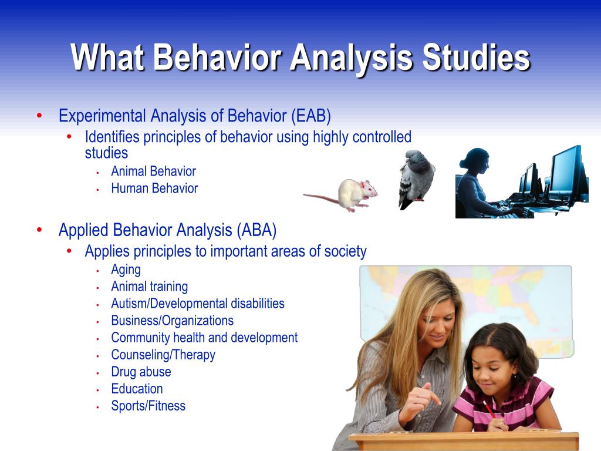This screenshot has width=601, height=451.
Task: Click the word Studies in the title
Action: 477,58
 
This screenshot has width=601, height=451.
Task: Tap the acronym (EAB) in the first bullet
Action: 311,116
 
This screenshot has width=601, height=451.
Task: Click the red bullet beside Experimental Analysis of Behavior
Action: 39,116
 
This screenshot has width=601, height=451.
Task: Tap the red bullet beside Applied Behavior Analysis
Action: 39,230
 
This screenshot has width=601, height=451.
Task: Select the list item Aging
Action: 126,270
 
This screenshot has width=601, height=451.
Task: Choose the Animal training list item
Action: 150,287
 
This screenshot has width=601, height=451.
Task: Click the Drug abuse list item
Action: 141,372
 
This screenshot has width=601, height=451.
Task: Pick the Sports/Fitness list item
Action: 148,406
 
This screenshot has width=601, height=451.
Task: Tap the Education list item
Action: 137,389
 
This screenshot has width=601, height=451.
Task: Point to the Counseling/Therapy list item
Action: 163,355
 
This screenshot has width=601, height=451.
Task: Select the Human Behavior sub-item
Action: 154,189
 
